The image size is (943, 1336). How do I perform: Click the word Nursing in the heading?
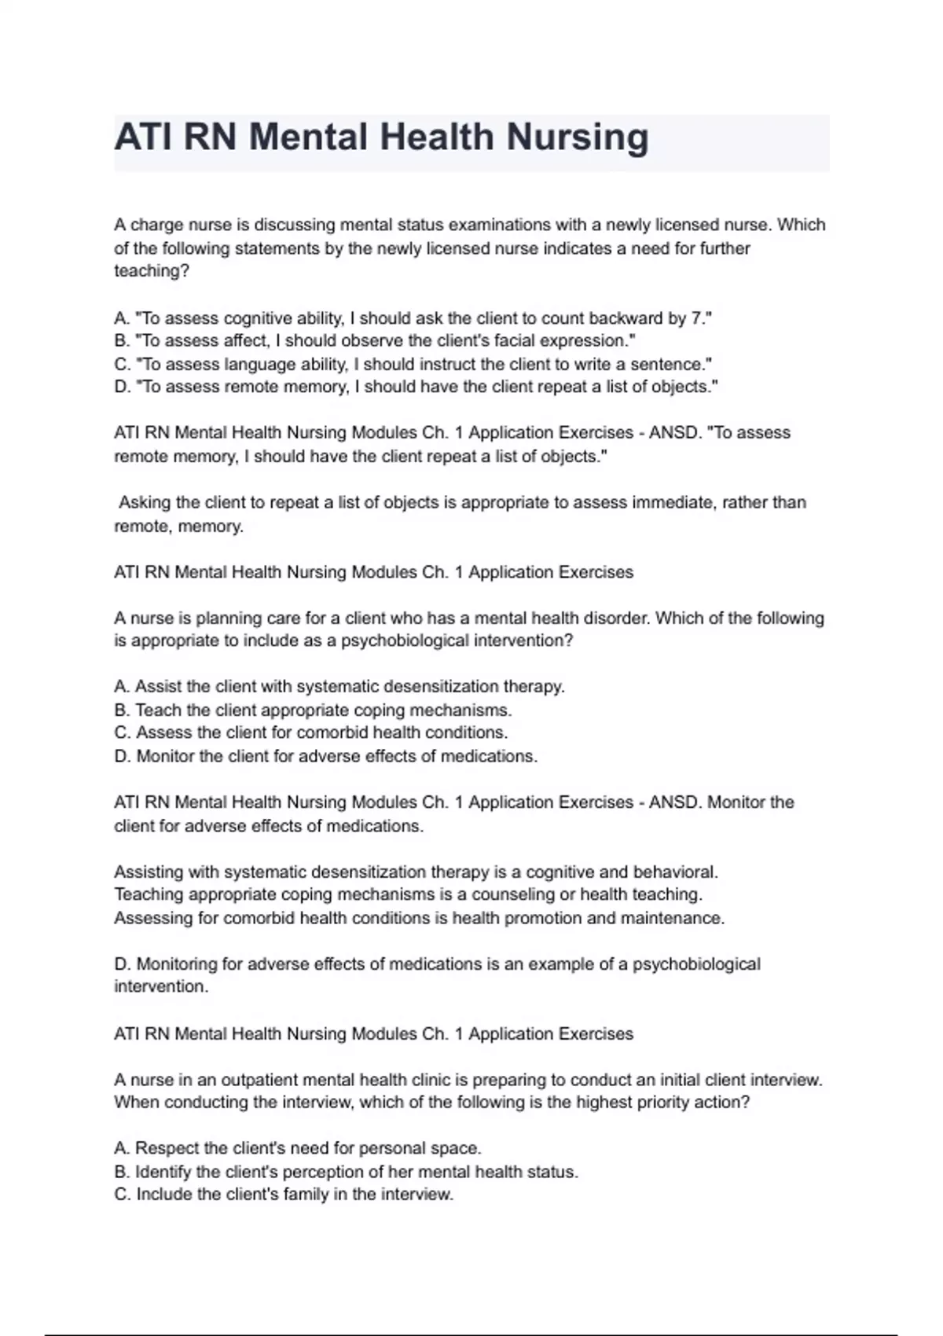point(578,138)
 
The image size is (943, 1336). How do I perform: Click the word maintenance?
point(675,918)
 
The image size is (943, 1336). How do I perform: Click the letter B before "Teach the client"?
point(121,710)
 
